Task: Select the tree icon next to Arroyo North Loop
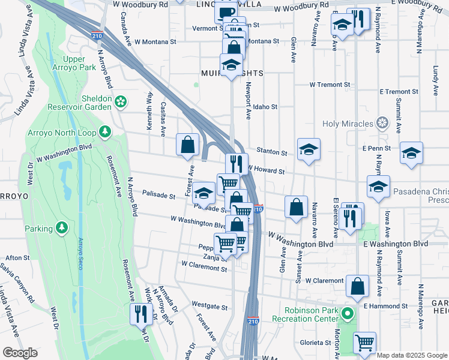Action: pos(105,131)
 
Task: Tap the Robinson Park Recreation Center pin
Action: pos(346,314)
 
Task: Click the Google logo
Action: pos(20,353)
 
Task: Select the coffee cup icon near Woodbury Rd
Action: pos(226,11)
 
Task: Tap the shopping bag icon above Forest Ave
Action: pos(188,144)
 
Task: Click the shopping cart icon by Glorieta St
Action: pos(364,343)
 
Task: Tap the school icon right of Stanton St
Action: pos(309,149)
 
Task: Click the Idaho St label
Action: pos(265,107)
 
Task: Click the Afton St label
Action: pos(17,257)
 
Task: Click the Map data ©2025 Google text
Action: pos(411,355)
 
